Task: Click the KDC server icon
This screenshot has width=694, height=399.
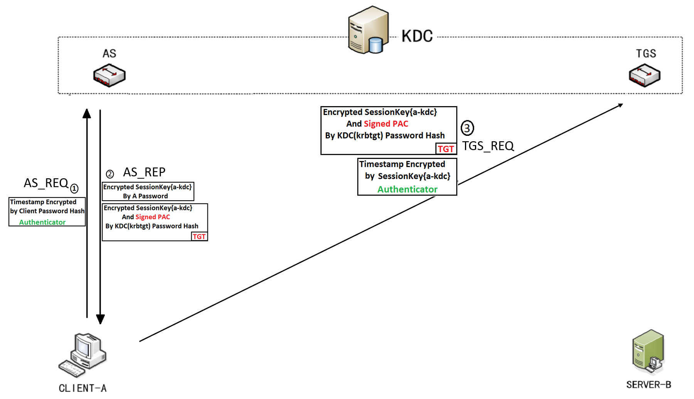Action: click(367, 30)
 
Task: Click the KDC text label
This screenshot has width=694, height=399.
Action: click(417, 36)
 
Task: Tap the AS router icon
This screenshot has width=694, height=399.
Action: click(109, 75)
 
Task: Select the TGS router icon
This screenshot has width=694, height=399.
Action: click(645, 75)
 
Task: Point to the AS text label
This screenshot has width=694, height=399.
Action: click(109, 54)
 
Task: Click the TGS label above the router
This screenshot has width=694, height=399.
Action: click(646, 54)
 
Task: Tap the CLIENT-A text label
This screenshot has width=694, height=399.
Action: click(83, 388)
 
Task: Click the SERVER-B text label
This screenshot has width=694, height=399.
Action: click(649, 385)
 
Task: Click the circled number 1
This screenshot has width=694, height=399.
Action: click(74, 188)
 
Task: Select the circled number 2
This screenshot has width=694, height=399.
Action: click(110, 174)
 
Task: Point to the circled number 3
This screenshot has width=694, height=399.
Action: click(467, 128)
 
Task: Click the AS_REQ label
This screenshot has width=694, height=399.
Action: click(46, 183)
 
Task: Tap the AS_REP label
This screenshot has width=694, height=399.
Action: click(144, 172)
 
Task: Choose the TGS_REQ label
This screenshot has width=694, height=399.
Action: click(488, 146)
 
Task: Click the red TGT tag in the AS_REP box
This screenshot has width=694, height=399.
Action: click(199, 237)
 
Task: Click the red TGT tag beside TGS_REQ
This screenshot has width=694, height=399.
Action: click(446, 149)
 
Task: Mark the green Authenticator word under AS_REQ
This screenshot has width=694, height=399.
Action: click(42, 222)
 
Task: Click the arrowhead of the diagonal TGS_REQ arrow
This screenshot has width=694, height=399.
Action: click(620, 105)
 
